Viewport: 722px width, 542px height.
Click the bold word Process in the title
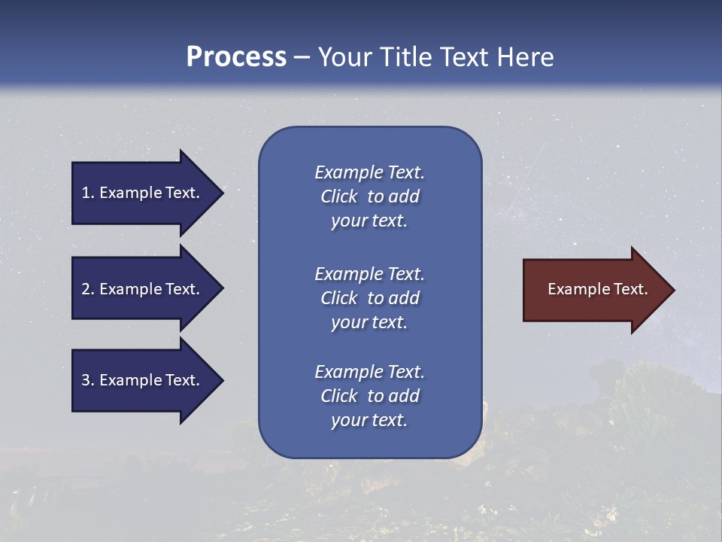[236, 57]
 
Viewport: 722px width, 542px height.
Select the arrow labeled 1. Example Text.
[143, 193]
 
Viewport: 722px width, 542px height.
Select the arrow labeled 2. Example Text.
[143, 289]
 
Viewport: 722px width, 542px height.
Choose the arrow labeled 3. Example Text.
[143, 380]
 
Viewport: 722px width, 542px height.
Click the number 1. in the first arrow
[88, 193]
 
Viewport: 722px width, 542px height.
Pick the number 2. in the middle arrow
[88, 289]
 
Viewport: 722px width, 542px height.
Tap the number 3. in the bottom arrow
[88, 380]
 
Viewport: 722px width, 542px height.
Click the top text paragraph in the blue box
[369, 196]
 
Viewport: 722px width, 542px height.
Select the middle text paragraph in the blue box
[369, 298]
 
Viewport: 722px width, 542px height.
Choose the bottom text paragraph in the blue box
[369, 396]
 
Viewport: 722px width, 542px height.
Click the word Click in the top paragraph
[339, 196]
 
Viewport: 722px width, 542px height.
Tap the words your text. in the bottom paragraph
[369, 420]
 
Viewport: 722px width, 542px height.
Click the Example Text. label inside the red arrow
[597, 289]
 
